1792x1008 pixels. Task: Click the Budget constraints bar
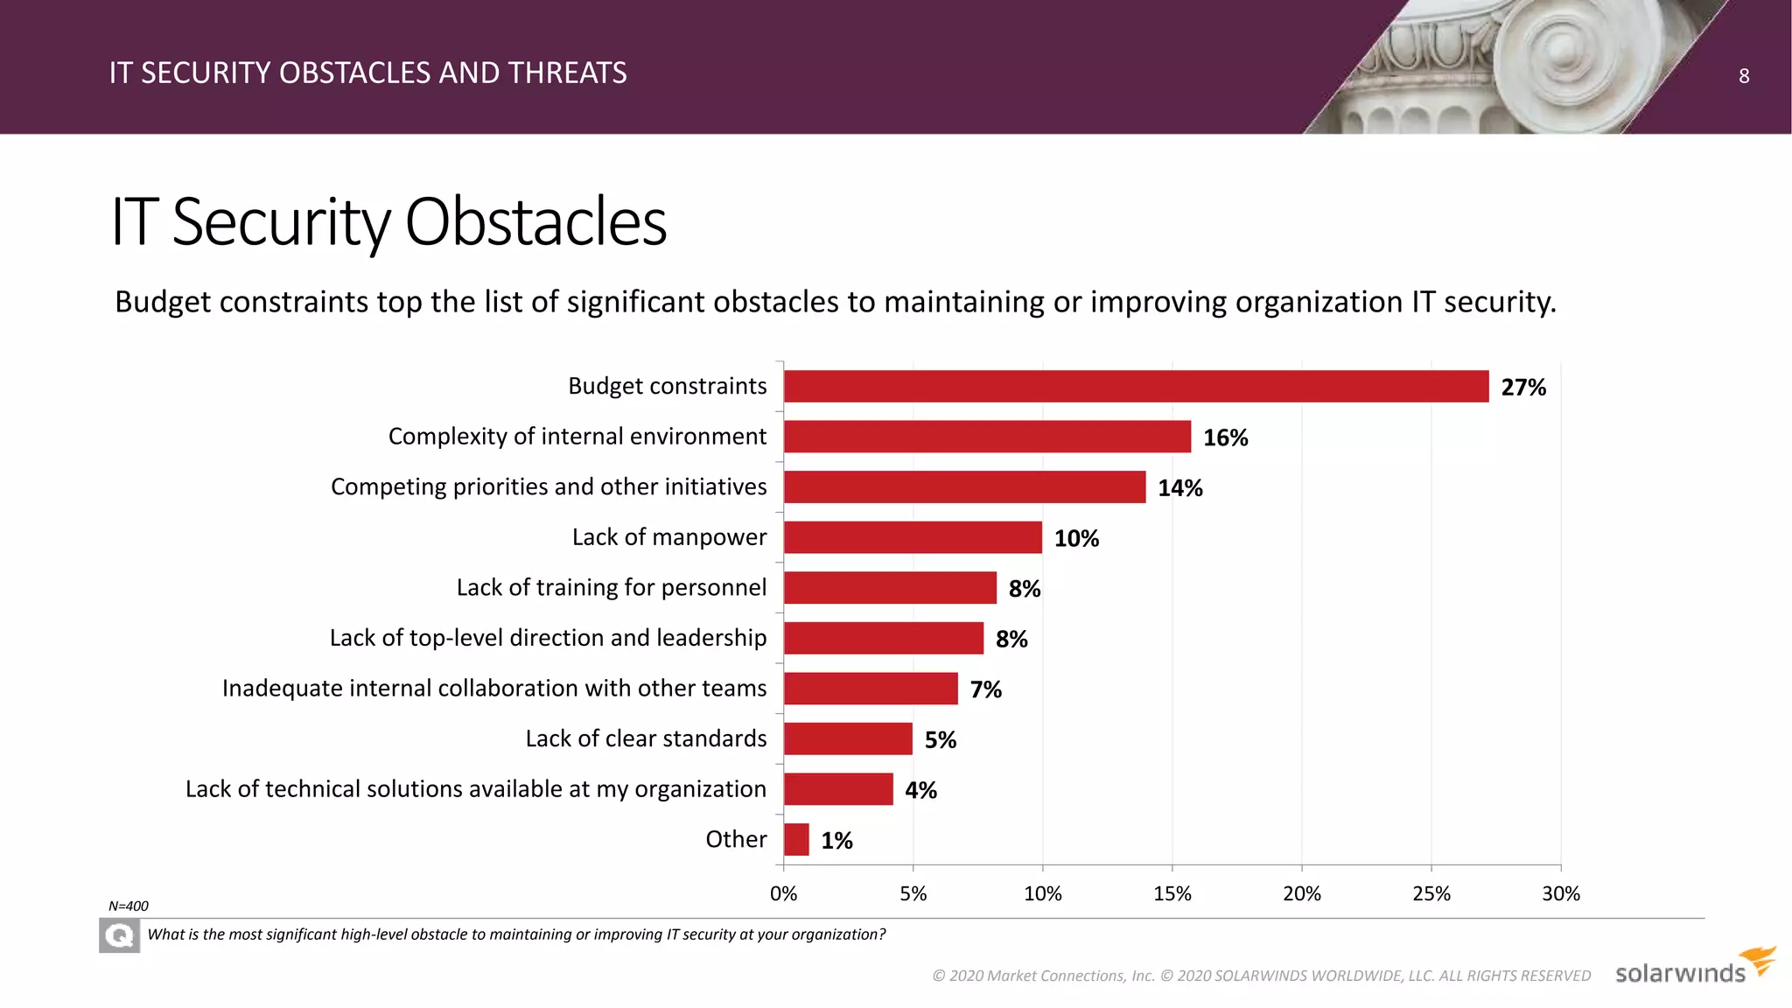(1136, 386)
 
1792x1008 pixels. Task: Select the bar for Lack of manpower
(913, 537)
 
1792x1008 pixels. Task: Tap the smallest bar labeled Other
(796, 840)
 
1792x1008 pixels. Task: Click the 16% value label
(1225, 437)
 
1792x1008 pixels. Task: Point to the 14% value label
(1179, 488)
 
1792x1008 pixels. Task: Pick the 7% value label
(985, 690)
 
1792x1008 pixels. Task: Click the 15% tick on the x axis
(1172, 893)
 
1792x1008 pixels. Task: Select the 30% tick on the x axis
(1560, 893)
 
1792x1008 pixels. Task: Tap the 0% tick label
(783, 893)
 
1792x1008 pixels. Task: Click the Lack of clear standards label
(646, 738)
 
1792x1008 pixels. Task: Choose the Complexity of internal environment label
(577, 437)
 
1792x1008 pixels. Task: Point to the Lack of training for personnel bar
(890, 588)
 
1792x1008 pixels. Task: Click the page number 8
(1743, 76)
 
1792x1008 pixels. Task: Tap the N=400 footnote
(129, 906)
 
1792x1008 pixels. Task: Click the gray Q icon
(119, 936)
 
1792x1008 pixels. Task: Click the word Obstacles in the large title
(535, 221)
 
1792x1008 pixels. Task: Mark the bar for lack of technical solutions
(838, 789)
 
